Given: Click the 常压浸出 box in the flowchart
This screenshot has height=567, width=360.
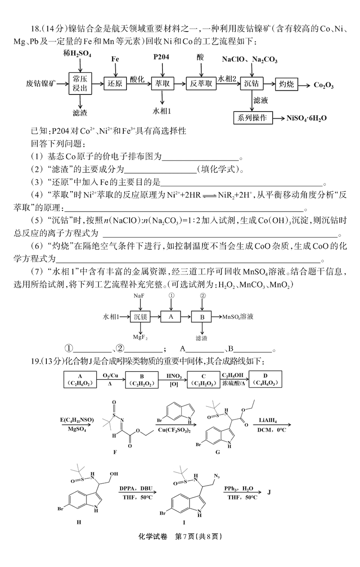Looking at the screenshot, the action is [x=80, y=84].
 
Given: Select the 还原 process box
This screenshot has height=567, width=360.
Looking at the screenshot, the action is [x=115, y=84].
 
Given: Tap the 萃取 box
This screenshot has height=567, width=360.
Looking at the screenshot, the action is [x=162, y=84].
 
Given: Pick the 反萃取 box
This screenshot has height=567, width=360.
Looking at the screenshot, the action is [x=201, y=84].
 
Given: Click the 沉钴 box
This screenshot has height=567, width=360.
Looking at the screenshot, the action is [x=252, y=84].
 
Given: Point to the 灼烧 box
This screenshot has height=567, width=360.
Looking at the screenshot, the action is [x=287, y=84].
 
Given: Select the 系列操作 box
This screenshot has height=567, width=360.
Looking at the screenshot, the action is [x=253, y=118].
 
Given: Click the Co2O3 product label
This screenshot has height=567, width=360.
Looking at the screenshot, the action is [x=324, y=85].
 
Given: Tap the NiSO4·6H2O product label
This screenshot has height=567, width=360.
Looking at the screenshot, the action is [x=306, y=118].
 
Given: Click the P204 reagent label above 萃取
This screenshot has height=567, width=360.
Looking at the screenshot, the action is [x=161, y=57].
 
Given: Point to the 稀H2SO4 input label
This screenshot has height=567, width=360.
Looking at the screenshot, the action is [x=77, y=54].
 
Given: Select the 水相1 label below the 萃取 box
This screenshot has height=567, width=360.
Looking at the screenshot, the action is [x=162, y=111].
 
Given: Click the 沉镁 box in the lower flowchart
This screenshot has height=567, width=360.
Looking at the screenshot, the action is [x=140, y=317].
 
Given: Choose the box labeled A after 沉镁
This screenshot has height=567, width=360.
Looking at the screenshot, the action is [x=171, y=317].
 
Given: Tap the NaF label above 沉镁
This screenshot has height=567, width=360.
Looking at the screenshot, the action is [x=139, y=296].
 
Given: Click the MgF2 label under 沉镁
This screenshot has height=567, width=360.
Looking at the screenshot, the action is [x=140, y=337].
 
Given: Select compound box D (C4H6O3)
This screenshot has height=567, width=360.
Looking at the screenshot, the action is [x=265, y=379].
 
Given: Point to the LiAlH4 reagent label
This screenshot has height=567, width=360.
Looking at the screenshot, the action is [x=268, y=420].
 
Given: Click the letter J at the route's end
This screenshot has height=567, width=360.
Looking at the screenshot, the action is [x=269, y=492].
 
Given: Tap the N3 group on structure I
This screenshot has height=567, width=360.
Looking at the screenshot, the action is [x=217, y=476].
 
